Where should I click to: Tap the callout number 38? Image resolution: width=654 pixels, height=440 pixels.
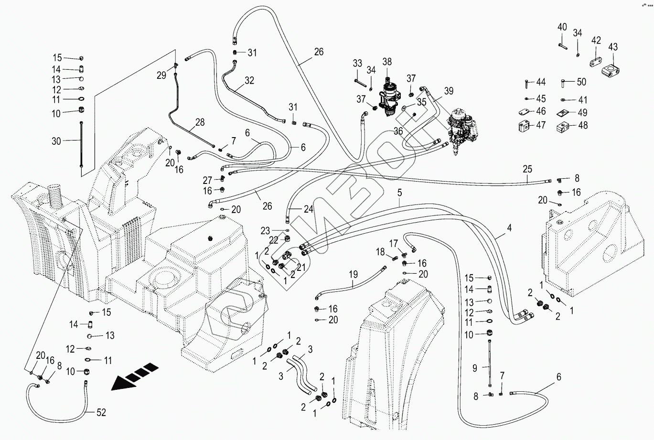tap(387, 61)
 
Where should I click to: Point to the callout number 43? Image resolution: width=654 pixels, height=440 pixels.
tap(613, 47)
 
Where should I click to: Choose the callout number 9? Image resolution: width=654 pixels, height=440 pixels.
tap(475, 368)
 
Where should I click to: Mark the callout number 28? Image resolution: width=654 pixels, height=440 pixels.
tap(200, 122)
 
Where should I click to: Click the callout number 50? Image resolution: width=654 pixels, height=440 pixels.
tap(581, 82)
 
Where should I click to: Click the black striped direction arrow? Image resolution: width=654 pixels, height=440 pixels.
tap(135, 376)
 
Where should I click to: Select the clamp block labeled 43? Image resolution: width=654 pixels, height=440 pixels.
tap(612, 71)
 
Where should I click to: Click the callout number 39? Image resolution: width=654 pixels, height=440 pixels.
tap(448, 91)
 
